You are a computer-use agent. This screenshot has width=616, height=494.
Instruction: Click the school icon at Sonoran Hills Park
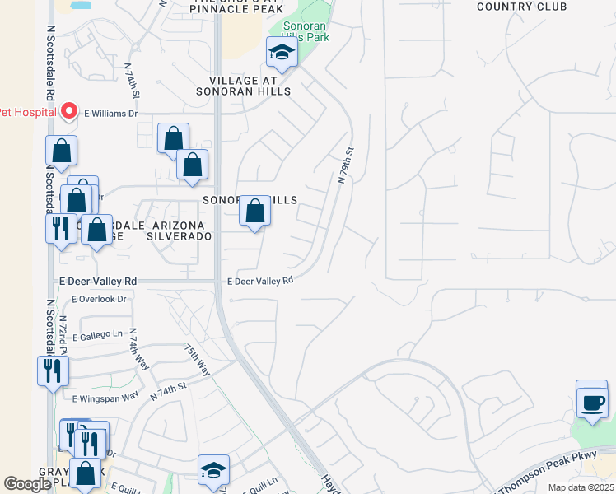[x=282, y=54]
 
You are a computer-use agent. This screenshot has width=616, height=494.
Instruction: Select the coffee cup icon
[x=591, y=403]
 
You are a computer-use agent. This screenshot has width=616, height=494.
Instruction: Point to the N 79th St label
[x=345, y=165]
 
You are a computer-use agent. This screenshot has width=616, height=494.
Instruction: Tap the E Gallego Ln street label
[x=102, y=337]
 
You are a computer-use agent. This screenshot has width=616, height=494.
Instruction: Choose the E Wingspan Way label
[x=105, y=398]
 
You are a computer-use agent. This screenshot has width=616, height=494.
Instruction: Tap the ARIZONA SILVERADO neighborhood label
[x=179, y=231]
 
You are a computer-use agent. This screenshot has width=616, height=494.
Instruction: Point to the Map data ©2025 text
[x=581, y=487]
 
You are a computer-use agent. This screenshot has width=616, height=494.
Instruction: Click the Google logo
[x=26, y=484]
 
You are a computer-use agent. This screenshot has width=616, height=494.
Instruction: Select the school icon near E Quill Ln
[x=213, y=469]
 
